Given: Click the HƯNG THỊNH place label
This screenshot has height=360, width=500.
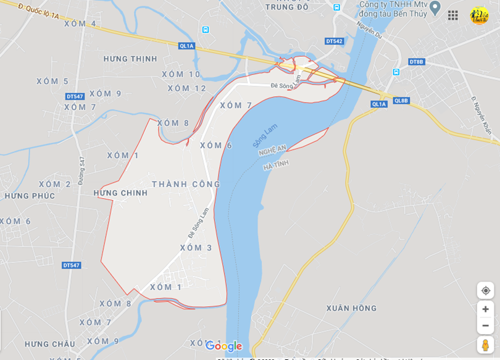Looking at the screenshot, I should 130,59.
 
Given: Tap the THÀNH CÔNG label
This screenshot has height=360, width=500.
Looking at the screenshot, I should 186,184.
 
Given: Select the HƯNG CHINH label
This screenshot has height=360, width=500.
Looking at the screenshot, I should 121,193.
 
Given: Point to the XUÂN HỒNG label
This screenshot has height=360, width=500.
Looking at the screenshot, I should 352,308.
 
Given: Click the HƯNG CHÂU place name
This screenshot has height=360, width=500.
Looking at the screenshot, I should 50,344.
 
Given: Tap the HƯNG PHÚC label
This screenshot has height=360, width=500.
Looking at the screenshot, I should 30,196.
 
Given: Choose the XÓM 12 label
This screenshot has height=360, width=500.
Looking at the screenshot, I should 187,88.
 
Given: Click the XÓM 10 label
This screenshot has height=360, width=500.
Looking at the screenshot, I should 181,74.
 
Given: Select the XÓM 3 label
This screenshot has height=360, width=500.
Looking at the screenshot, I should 196,248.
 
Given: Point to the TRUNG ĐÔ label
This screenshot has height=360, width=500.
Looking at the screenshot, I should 286,7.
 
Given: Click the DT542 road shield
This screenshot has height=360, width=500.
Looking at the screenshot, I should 334,41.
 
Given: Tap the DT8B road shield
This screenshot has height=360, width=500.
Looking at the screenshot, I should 417,62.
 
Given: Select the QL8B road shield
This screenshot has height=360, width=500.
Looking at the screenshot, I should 401,101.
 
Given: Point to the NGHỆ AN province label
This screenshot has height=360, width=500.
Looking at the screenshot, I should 272,150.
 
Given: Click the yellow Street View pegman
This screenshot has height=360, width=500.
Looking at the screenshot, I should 485,345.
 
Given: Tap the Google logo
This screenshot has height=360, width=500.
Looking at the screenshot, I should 223,346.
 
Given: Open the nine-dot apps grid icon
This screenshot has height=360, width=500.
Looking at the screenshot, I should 453,15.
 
